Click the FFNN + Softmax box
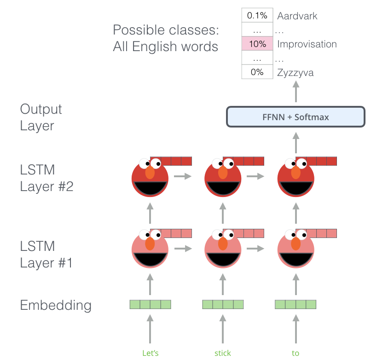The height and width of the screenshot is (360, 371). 296,117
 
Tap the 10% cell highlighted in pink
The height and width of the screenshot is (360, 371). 257,44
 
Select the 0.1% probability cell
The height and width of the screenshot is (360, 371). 257,16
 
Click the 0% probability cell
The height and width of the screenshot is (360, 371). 257,72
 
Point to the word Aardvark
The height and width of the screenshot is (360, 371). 297,16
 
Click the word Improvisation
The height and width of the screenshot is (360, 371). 307,44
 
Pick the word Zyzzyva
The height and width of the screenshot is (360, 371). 296,73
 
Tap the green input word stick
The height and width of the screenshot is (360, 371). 223,353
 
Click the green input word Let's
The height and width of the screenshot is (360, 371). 151,353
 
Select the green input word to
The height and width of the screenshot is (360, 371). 296,353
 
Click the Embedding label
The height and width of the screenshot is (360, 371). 56,305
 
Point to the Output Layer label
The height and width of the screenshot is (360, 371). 41,117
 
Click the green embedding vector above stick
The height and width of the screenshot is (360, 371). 223,304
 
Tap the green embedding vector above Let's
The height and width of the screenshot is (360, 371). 151,304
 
